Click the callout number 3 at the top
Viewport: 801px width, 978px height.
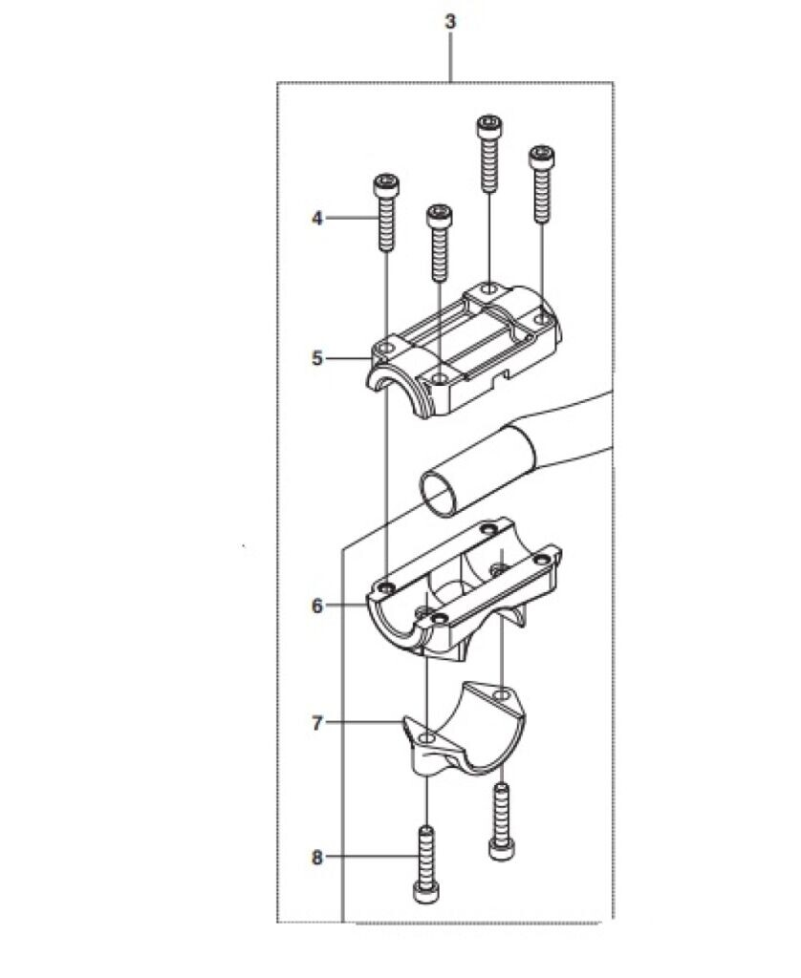(451, 21)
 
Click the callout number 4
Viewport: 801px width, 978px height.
(317, 219)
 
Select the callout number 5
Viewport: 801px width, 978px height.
(317, 359)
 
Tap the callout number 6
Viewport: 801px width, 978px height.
(317, 606)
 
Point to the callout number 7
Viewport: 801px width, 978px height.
(317, 723)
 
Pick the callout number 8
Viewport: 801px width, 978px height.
(317, 858)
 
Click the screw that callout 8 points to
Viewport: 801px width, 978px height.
(426, 863)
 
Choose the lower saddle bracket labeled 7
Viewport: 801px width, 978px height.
(464, 731)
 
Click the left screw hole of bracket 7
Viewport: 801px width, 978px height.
(427, 739)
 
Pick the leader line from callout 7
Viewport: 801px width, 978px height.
(363, 723)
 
